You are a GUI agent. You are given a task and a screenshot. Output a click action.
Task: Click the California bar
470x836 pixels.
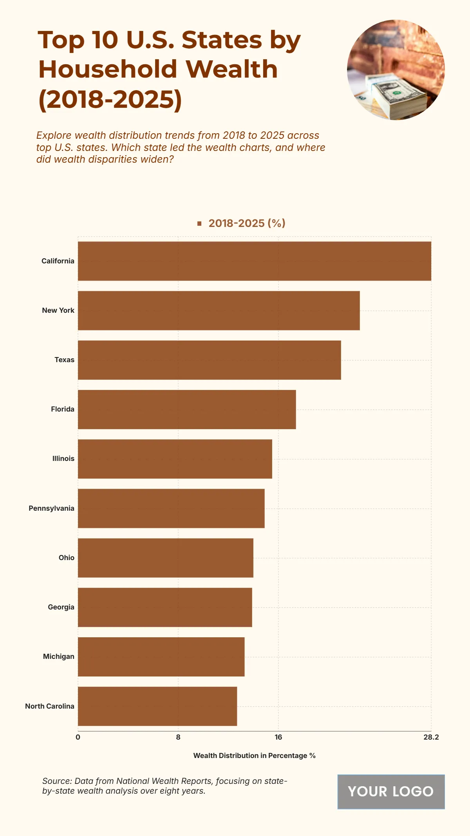[255, 261]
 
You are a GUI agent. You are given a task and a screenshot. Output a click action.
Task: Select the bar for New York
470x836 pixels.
[219, 310]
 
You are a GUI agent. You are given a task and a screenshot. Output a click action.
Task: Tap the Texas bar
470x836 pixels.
[209, 360]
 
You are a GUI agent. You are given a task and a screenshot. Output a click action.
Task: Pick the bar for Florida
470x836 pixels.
[187, 409]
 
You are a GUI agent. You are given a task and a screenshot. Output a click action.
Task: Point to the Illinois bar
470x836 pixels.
[175, 459]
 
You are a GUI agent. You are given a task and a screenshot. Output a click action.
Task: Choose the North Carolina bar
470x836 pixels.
[157, 706]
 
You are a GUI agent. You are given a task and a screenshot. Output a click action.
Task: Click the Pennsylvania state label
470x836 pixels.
[51, 508]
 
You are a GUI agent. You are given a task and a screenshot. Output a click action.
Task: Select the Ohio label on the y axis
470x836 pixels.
[66, 558]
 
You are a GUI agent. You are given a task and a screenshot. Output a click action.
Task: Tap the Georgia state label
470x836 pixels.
[61, 607]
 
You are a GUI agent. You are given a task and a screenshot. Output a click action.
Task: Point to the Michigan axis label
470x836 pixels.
[58, 656]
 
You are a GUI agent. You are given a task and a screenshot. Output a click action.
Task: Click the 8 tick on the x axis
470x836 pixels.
[178, 737]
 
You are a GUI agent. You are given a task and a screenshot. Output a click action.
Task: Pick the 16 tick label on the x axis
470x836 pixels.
[278, 737]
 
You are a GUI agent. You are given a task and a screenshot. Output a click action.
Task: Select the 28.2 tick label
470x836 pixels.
[431, 737]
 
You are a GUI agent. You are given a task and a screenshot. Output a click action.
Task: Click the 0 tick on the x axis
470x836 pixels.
[78, 737]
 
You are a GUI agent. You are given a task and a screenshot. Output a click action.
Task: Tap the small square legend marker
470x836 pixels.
[199, 223]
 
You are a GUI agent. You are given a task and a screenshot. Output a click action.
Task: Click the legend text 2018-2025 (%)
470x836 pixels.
[247, 223]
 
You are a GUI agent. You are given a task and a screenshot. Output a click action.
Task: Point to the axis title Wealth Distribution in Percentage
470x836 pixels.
[254, 756]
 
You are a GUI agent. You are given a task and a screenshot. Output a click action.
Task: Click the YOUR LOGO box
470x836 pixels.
[391, 792]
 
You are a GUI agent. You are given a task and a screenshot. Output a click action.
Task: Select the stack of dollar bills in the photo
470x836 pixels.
[398, 98]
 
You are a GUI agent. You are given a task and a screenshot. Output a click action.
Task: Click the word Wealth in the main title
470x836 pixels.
[231, 69]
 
